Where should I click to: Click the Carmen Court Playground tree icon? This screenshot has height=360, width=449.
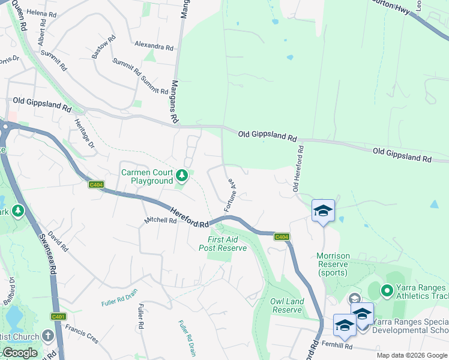(x=182, y=176)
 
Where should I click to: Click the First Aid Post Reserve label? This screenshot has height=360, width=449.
(x=223, y=243)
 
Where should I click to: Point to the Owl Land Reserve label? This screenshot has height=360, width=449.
(x=287, y=305)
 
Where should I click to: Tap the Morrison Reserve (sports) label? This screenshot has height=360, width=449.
(x=333, y=264)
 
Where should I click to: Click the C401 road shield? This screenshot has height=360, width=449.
(x=58, y=316)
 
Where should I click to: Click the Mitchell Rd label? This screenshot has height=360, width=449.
(x=160, y=221)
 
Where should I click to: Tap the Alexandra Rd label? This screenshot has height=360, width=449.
(x=154, y=46)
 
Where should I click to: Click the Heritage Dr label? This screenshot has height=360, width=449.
(x=85, y=133)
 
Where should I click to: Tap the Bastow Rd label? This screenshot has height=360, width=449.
(x=103, y=49)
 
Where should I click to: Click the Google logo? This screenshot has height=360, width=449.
(x=19, y=353)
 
